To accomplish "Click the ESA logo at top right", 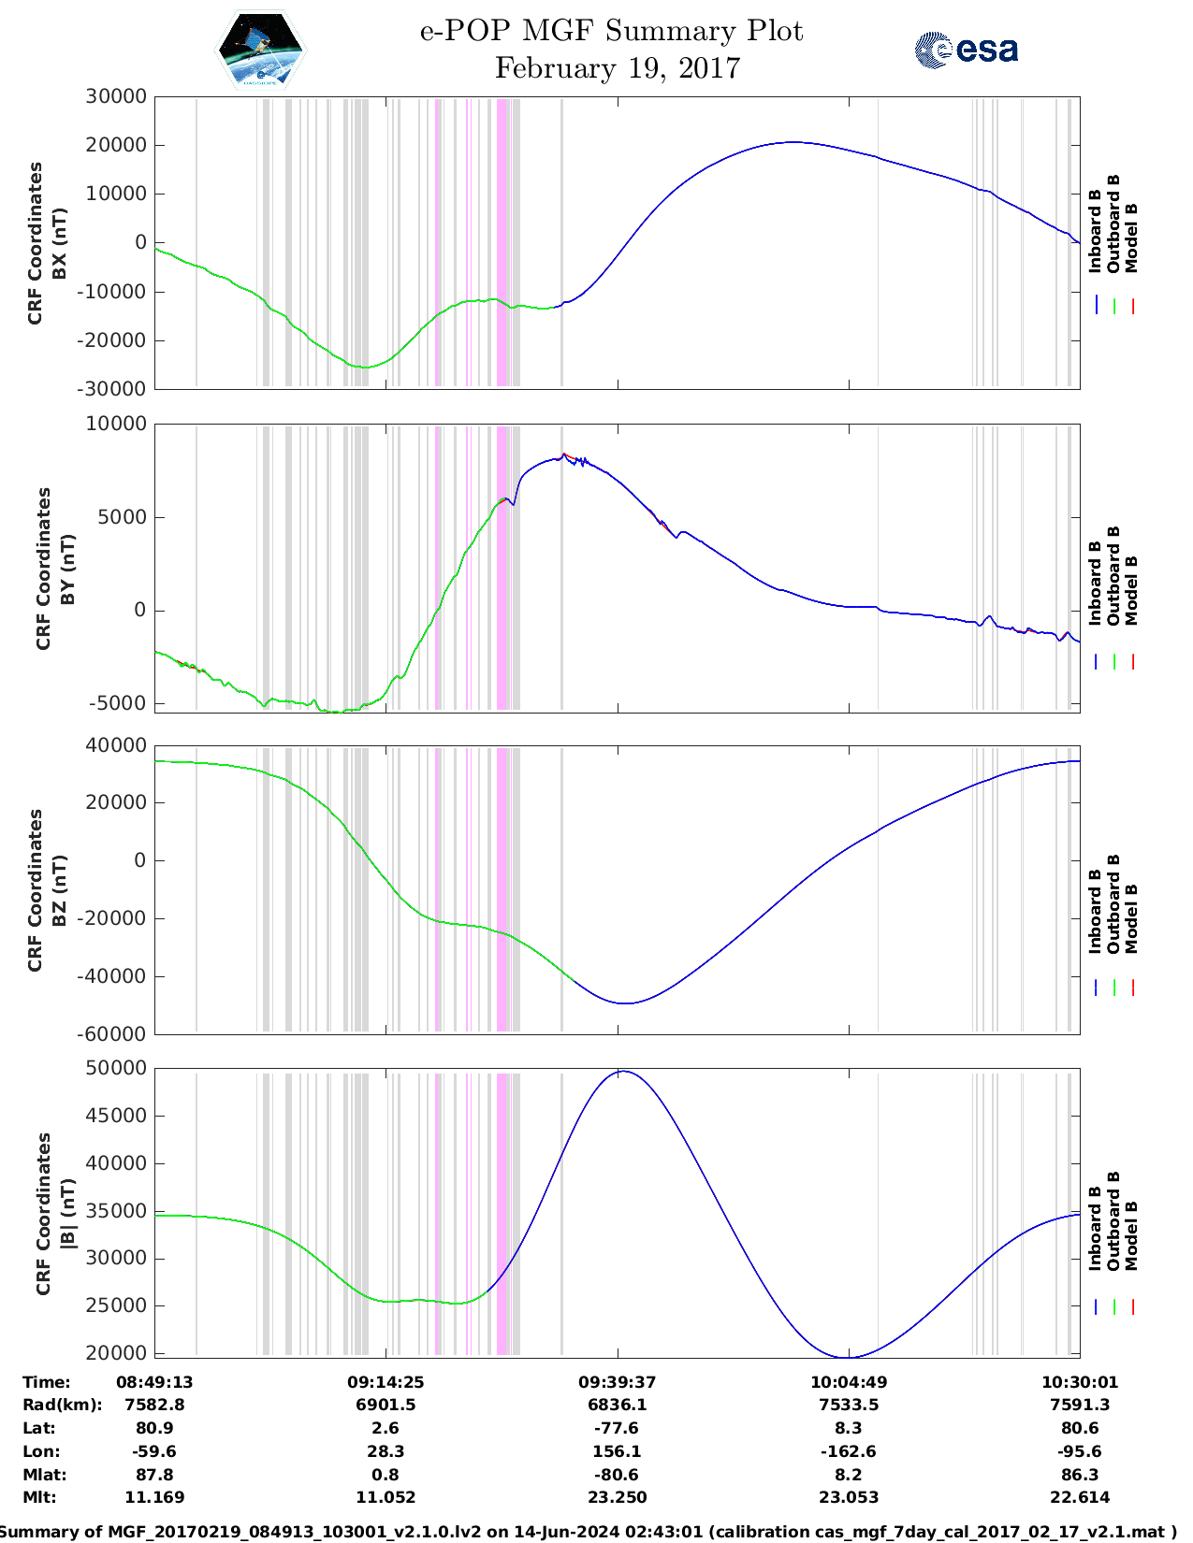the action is point(967,50).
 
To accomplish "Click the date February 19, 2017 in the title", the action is point(618,68).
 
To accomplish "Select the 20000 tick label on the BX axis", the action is point(116,145).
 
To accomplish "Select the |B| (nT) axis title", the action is point(67,1213).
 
